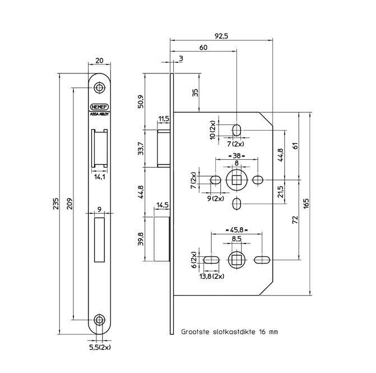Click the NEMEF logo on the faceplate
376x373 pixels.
pos(99,107)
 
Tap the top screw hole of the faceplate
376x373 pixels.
pos(99,88)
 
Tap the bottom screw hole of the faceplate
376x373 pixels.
pos(99,320)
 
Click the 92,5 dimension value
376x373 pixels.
pos(221,36)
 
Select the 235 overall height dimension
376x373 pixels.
pos(56,204)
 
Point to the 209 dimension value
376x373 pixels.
pos(69,204)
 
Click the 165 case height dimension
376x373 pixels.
pos(306,204)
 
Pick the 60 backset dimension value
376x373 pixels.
pos(203,47)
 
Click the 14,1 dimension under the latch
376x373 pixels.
pos(100,177)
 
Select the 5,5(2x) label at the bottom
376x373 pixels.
pos(100,347)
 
